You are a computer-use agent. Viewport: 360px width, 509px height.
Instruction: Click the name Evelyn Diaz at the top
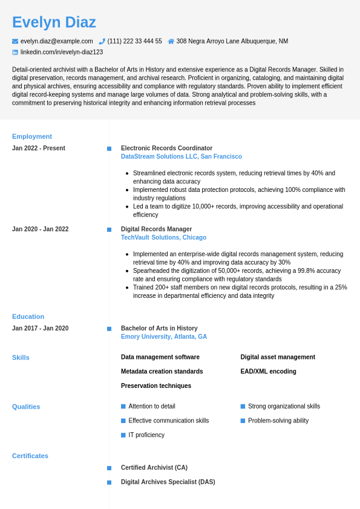(54, 22)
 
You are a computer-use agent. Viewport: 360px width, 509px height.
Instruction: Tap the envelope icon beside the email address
(15, 41)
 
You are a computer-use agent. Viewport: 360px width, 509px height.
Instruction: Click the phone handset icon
(102, 41)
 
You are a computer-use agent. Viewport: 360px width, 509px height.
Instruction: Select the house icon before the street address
(171, 41)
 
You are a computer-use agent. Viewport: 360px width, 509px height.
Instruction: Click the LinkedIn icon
(15, 52)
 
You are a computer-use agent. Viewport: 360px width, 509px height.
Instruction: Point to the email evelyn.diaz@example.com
(56, 41)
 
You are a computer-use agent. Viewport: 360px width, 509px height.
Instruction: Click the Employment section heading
(32, 136)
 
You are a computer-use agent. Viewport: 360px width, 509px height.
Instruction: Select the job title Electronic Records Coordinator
(166, 148)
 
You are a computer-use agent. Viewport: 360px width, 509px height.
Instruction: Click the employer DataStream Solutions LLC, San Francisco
(181, 157)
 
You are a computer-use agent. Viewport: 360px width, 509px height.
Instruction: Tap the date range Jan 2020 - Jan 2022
(40, 229)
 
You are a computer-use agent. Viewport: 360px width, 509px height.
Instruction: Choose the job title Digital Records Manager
(156, 229)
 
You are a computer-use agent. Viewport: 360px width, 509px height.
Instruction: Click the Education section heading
(28, 317)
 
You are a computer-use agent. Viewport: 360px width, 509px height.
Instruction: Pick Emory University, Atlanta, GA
(163, 337)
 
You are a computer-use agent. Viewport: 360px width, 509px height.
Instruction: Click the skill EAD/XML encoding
(268, 372)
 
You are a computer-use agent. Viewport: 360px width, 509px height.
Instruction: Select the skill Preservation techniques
(155, 386)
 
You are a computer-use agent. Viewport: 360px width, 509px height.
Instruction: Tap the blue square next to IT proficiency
(123, 435)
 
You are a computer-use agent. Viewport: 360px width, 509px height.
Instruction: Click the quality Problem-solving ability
(278, 421)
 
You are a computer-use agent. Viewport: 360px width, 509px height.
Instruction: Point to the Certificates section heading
(30, 456)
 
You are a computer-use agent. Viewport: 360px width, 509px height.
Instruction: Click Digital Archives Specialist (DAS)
(168, 482)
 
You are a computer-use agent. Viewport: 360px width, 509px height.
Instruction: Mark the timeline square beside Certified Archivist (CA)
(109, 468)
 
